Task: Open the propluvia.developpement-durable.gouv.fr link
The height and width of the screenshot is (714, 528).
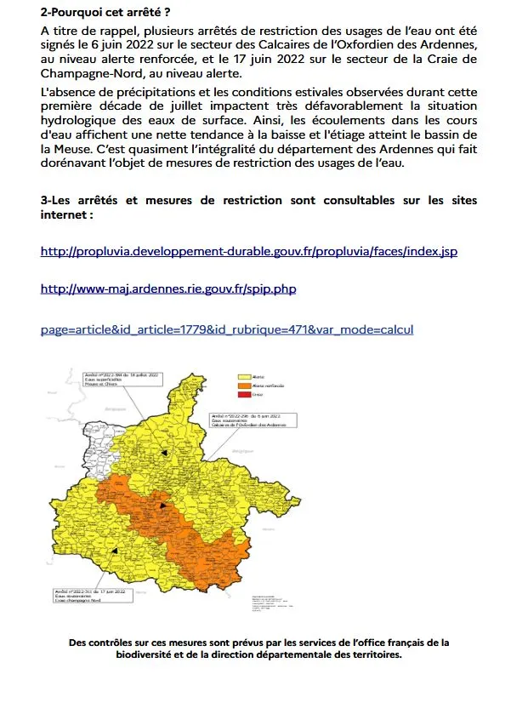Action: point(249,252)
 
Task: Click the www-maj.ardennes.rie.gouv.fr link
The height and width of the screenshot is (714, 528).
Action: point(168,289)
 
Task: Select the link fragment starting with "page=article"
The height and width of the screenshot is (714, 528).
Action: point(227,328)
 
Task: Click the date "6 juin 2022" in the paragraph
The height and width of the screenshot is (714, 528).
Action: point(125,44)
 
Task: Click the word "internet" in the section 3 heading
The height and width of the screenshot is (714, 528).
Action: point(65,216)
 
